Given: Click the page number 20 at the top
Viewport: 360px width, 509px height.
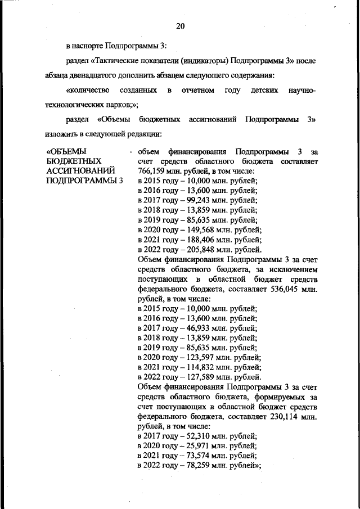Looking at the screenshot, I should pyautogui.click(x=180, y=26).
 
